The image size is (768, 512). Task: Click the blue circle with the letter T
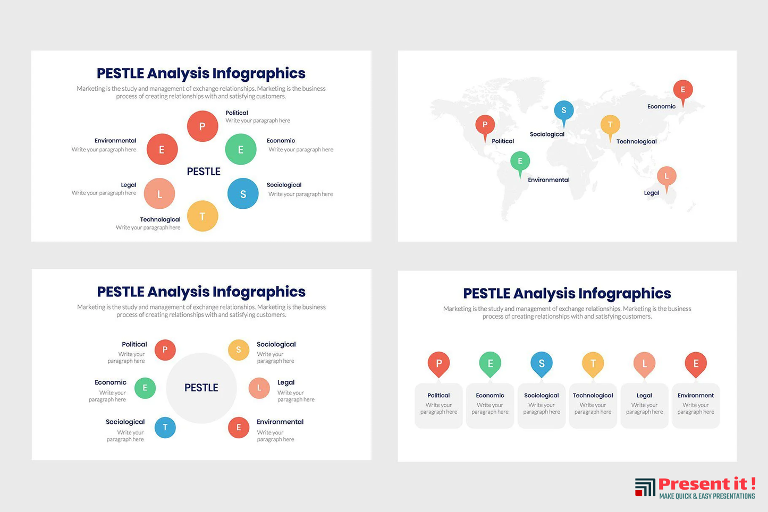[165, 428]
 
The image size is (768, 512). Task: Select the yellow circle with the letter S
[239, 349]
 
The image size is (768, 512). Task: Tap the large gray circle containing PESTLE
[201, 388]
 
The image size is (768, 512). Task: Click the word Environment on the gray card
[696, 395]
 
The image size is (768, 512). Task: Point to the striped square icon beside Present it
[645, 487]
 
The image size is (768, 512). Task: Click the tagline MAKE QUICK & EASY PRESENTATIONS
[707, 496]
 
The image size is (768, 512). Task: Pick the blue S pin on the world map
[564, 114]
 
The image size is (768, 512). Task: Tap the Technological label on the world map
[636, 141]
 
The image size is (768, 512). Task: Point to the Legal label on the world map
[652, 193]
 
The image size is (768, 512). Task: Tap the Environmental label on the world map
[548, 180]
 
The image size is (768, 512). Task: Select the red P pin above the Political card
[438, 365]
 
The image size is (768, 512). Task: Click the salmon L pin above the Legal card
[644, 365]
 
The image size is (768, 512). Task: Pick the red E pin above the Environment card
[696, 365]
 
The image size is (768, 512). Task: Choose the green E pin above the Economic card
[490, 365]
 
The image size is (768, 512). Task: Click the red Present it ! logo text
[707, 483]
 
